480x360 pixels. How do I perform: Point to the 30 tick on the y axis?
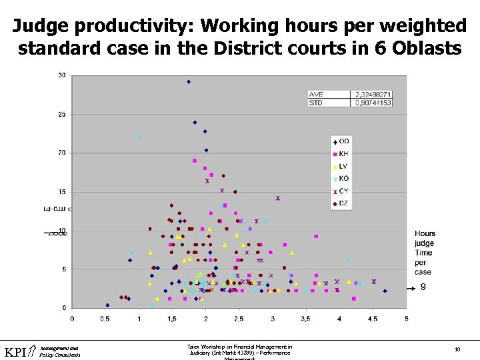coord(62,75)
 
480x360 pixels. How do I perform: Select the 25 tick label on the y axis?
coord(62,114)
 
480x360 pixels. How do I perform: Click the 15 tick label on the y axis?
coord(62,192)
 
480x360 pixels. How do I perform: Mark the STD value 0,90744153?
coord(371,103)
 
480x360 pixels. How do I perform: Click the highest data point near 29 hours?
coord(189,82)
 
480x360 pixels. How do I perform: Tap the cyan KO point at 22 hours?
coord(139,138)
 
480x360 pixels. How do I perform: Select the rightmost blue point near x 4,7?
coord(385,291)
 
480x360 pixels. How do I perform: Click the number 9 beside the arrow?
coord(423,287)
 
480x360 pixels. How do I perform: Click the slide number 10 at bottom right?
coord(457,349)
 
